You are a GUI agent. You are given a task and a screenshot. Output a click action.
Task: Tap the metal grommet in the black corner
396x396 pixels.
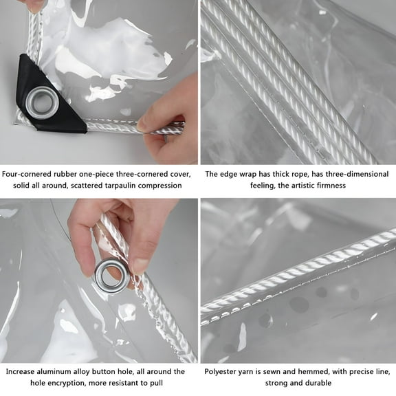point(42,102)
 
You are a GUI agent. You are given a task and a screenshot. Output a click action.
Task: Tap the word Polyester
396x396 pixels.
point(223,371)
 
